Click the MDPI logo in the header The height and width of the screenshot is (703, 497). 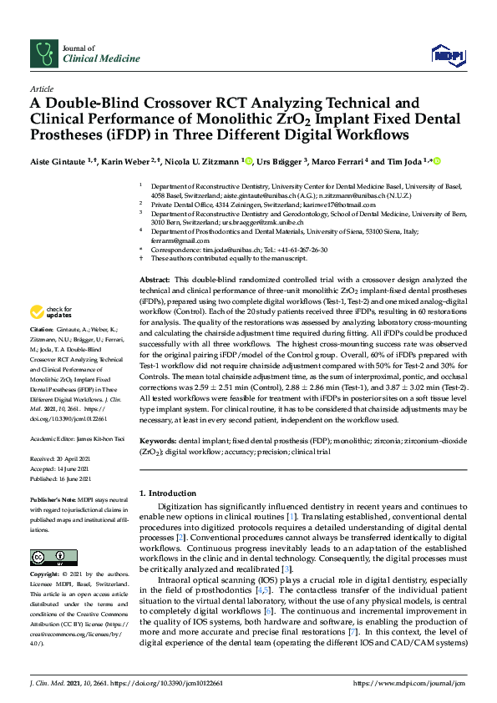point(448,55)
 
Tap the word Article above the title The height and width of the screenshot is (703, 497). point(41,88)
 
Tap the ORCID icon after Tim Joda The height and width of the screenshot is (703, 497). point(436,160)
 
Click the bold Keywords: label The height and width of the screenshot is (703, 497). point(158,439)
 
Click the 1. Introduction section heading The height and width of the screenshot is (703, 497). point(170,493)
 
